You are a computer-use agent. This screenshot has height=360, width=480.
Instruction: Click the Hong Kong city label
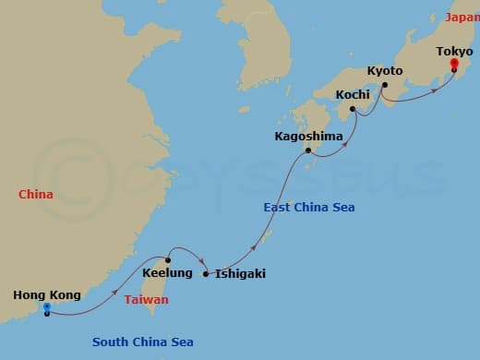click(x=46, y=295)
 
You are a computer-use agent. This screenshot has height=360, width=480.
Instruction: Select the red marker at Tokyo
click(x=453, y=66)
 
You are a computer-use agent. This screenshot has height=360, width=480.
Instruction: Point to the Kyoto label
click(x=385, y=71)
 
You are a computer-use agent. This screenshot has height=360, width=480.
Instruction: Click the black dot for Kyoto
click(x=385, y=86)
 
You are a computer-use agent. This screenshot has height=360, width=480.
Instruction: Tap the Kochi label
click(x=353, y=94)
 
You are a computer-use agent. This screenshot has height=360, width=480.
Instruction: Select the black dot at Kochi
click(x=354, y=107)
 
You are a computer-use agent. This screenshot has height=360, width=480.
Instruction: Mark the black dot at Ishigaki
click(x=205, y=273)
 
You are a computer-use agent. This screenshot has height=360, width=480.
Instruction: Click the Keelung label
click(x=168, y=273)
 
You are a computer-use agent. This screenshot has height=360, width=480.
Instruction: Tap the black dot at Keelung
click(x=167, y=259)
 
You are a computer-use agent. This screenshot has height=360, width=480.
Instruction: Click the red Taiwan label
click(x=147, y=300)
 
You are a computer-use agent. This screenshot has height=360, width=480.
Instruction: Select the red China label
click(x=35, y=195)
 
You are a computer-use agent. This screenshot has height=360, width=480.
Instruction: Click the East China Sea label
click(x=309, y=208)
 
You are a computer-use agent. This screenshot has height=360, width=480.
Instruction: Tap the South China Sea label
click(x=143, y=342)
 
